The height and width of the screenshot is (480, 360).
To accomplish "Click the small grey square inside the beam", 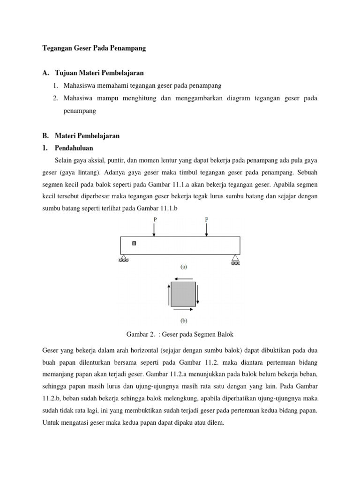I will click(x=134, y=243).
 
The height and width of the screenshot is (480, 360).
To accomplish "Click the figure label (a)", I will click(x=183, y=266).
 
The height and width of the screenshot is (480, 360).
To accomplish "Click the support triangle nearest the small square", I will click(x=124, y=257).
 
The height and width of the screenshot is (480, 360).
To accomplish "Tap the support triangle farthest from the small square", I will click(x=235, y=257).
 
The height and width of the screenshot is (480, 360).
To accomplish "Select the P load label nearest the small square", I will click(x=155, y=219).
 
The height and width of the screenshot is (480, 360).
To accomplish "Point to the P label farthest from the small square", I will click(x=206, y=219).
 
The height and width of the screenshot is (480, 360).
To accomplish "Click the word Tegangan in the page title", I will click(x=57, y=48).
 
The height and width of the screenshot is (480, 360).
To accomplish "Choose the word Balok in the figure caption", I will click(x=225, y=334).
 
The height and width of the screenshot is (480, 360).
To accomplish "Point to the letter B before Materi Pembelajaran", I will click(x=45, y=136).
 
